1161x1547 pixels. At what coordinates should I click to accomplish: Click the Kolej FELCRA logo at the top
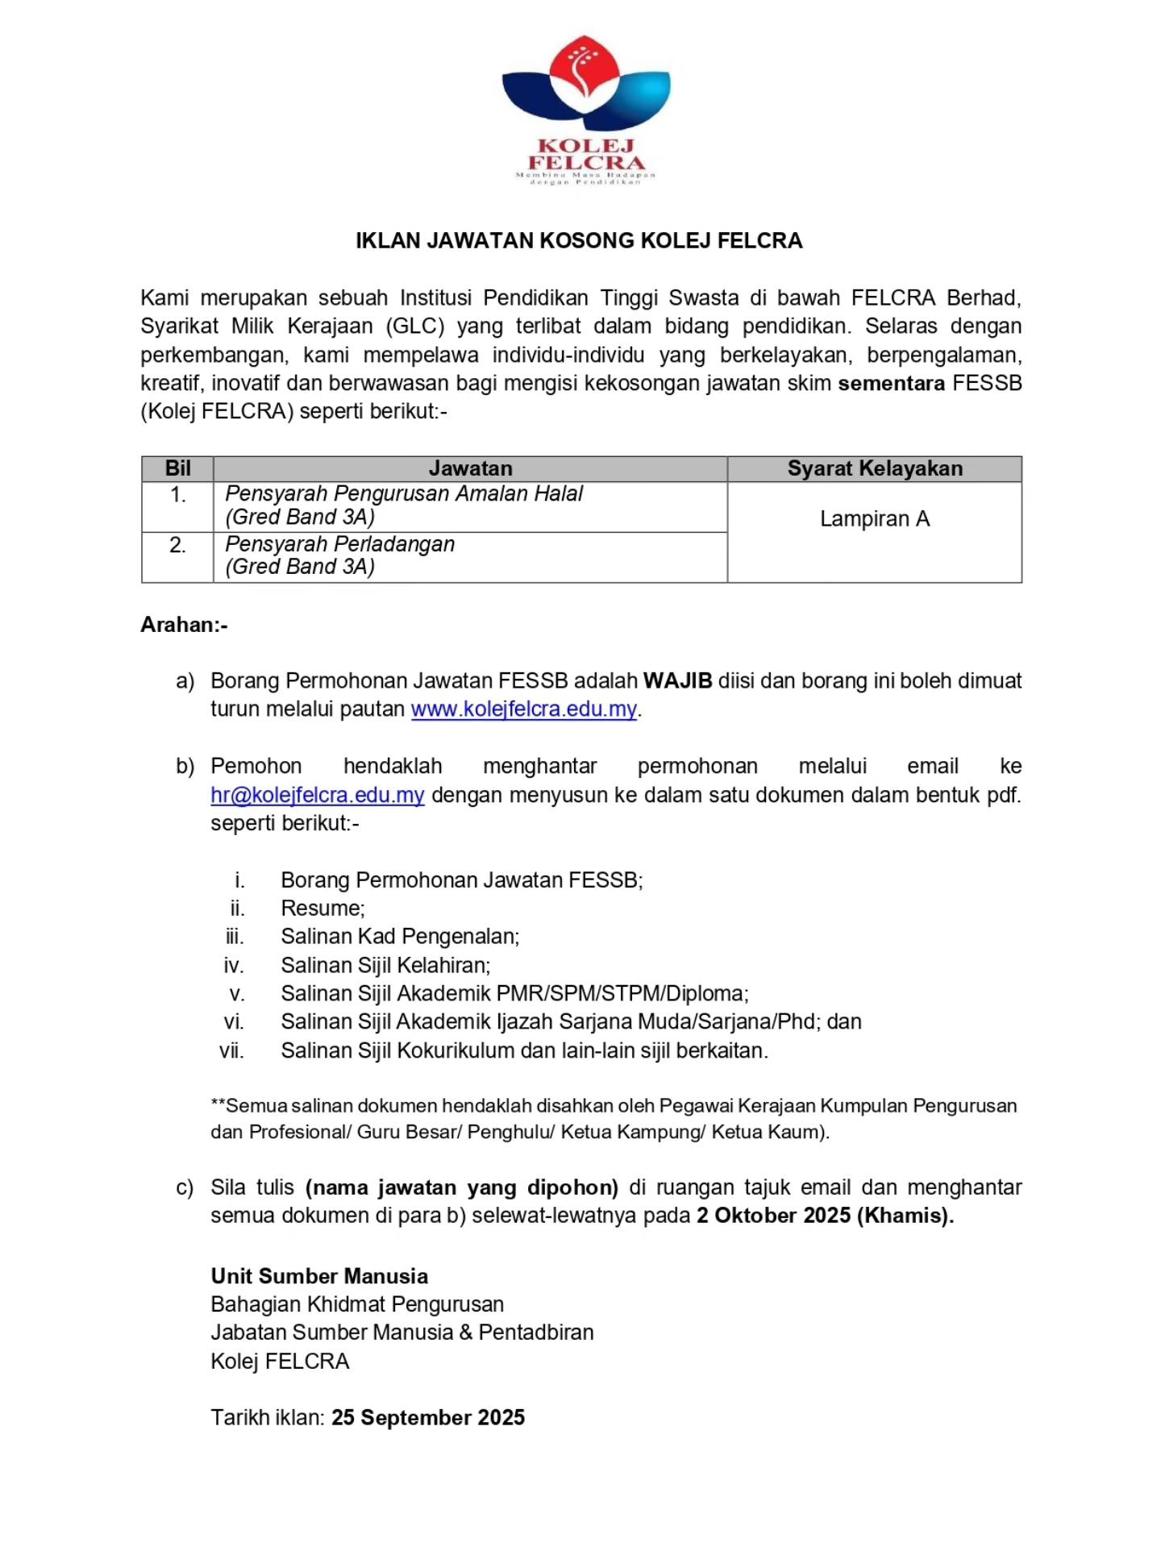[586, 110]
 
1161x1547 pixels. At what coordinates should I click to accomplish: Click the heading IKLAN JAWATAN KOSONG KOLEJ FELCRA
[580, 241]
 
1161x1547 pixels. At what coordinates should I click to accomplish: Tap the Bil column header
[177, 468]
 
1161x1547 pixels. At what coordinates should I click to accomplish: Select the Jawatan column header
[470, 468]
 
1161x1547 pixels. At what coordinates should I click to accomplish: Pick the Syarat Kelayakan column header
[875, 468]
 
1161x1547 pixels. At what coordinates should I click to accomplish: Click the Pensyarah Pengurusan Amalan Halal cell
[403, 505]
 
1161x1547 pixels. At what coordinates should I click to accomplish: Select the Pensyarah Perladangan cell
[339, 555]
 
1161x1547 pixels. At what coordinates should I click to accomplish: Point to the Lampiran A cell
[875, 519]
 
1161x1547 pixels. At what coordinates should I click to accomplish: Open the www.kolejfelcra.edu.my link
[524, 709]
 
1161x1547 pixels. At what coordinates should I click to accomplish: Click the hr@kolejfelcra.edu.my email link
[318, 795]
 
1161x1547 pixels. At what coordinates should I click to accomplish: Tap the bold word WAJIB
[677, 681]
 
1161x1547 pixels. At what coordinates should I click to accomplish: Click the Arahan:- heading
[185, 625]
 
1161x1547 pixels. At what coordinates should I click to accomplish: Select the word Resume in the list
[322, 909]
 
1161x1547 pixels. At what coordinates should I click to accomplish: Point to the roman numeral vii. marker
[231, 1051]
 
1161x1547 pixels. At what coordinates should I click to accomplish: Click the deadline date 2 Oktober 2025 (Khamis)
[825, 1216]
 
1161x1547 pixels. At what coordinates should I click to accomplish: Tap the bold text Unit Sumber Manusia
[319, 1276]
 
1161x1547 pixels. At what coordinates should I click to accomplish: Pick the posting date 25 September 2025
[428, 1418]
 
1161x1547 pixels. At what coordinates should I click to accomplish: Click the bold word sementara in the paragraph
[891, 384]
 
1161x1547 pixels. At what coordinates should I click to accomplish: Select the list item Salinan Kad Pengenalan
[400, 937]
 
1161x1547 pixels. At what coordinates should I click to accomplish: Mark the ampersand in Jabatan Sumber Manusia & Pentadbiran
[466, 1333]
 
